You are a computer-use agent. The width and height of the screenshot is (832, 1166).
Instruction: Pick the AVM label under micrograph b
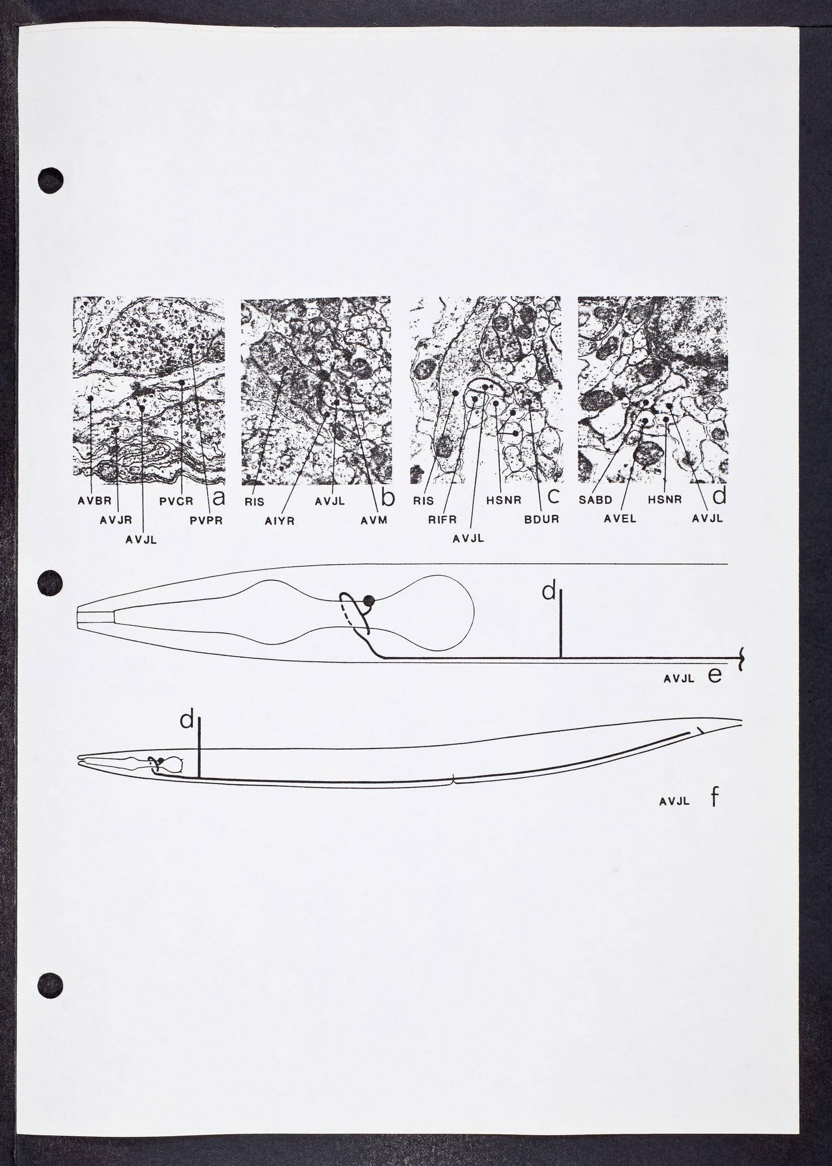374,520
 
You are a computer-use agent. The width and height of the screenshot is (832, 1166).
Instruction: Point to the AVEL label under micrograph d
621,519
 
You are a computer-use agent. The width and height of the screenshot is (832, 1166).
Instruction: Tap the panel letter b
387,497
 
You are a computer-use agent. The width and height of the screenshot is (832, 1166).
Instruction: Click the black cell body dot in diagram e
370,601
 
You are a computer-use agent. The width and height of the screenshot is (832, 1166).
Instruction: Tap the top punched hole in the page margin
50,180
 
